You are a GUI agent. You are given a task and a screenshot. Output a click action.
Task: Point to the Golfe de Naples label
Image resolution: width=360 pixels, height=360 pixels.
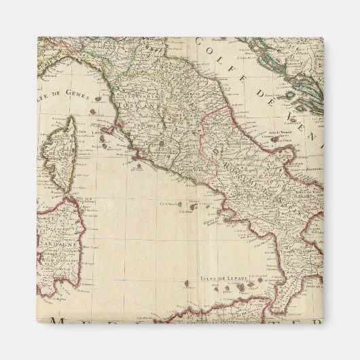[x=213, y=219]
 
